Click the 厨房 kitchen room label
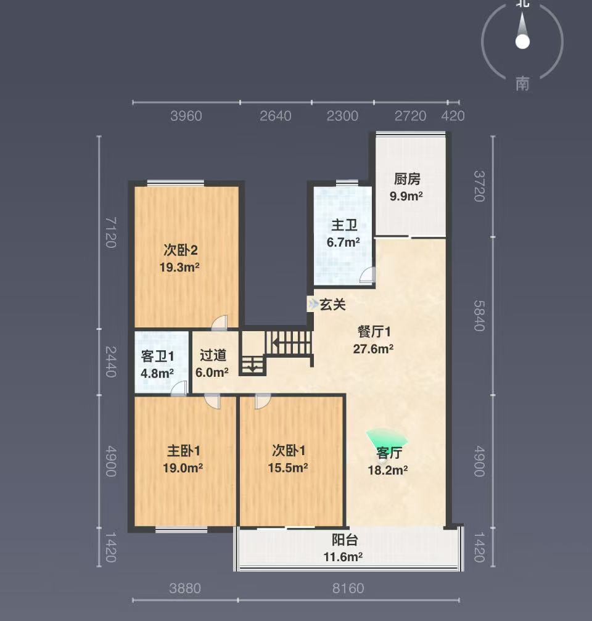point(406,179)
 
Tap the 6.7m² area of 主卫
point(343,242)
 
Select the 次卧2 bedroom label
point(180,250)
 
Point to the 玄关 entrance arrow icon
point(313,304)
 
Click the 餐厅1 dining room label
point(374,331)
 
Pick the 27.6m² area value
point(373,348)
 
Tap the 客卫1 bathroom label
point(157,356)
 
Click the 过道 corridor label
point(213,355)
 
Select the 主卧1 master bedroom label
point(183,451)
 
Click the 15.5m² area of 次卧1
point(288,467)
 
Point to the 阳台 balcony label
point(345,540)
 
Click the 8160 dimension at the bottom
point(348,588)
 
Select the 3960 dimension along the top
point(186,116)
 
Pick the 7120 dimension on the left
point(111,232)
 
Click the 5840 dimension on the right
point(479,315)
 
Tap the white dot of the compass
point(522,41)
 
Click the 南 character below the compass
point(522,84)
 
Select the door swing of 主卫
point(367,275)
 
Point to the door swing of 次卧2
point(220,323)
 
